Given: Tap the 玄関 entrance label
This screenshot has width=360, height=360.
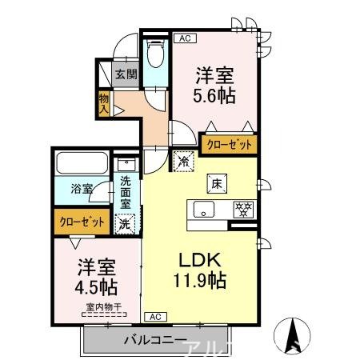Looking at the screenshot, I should click(126, 75).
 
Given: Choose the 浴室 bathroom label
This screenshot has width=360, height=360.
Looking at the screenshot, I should click(82, 190).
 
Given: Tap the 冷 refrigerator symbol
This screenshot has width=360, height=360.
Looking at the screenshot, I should click(184, 160).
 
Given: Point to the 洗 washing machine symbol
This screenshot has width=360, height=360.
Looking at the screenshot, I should click(126, 224).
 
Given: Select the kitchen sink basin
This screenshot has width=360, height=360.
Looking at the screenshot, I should click(203, 210).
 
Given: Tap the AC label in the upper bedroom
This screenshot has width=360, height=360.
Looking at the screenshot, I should click(184, 37).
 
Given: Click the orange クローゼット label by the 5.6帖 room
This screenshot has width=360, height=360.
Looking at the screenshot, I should click(230, 145).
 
